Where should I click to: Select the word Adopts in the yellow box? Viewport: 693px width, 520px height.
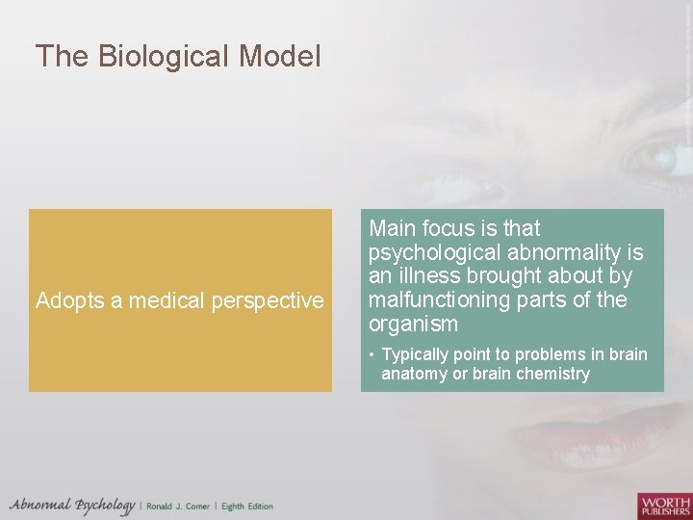pos(69,301)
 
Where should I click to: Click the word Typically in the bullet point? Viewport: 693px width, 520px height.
pos(417,354)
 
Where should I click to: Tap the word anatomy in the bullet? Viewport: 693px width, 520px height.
pos(413,374)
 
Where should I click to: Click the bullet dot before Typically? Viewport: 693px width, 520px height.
pos(372,354)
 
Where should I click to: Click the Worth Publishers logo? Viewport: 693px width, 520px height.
pos(663,506)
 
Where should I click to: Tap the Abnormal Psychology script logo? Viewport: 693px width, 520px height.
pos(72,506)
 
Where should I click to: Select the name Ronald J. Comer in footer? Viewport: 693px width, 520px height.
pos(179,507)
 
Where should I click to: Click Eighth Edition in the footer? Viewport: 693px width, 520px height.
pos(246,507)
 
